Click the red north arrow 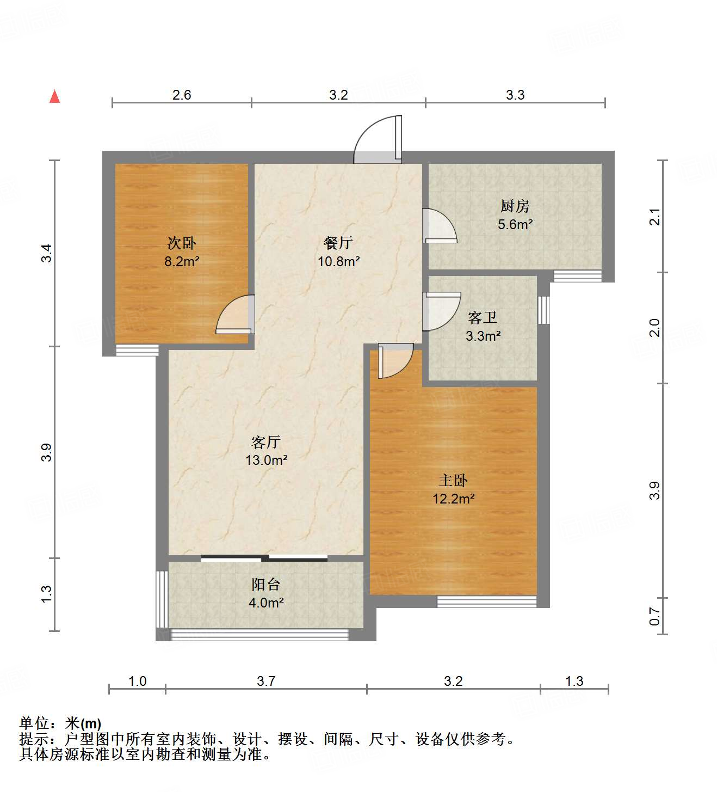click(54, 96)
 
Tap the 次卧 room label click(182, 243)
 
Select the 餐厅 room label click(338, 242)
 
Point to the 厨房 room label click(515, 206)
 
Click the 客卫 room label click(483, 317)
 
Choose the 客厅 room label click(266, 441)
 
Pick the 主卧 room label click(453, 480)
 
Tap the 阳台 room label click(266, 585)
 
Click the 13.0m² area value click(266, 461)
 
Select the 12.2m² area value click(453, 499)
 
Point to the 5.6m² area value click(515, 224)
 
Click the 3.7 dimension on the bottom click(266, 681)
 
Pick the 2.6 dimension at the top click(182, 95)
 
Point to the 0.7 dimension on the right click(655, 617)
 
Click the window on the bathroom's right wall click(543, 310)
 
